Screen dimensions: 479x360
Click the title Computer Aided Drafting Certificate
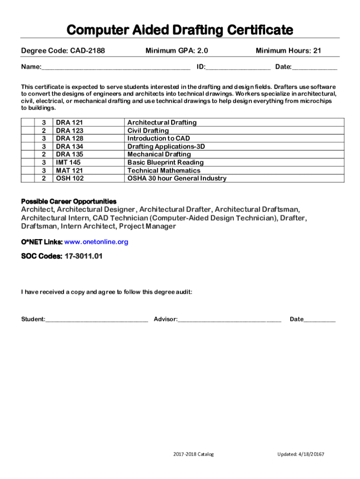tap(180, 30)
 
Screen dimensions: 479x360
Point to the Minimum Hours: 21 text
tap(288, 51)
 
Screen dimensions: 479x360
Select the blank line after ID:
tap(238, 67)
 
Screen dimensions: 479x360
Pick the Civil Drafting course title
tap(148, 131)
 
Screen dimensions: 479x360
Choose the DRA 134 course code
tap(70, 146)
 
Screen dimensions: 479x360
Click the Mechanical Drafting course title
tap(159, 154)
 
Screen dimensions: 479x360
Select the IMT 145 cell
tap(68, 162)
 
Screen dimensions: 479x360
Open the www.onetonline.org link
tap(96, 242)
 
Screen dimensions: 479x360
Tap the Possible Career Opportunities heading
tap(69, 201)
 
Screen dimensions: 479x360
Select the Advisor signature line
tap(230, 320)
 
